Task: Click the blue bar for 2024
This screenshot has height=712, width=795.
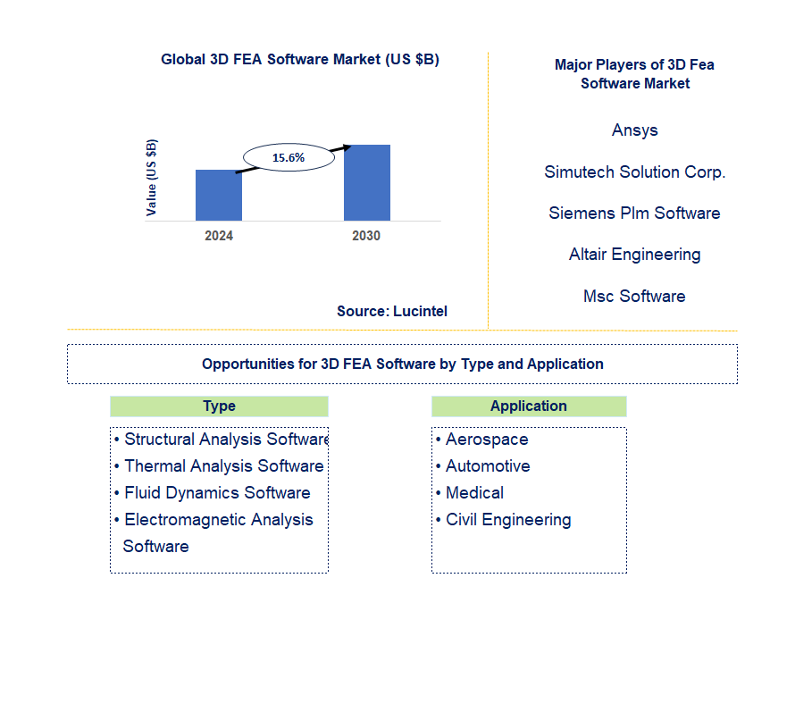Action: click(x=218, y=195)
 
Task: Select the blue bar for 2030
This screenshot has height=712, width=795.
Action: click(x=366, y=182)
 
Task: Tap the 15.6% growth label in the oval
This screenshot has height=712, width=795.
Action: click(x=288, y=158)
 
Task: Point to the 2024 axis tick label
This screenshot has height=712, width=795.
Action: click(x=219, y=236)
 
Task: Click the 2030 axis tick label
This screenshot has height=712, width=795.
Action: click(x=366, y=236)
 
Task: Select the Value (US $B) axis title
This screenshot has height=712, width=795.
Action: click(x=152, y=178)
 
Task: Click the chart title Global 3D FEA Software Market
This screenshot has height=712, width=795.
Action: click(x=300, y=60)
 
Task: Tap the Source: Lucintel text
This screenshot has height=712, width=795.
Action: click(x=392, y=311)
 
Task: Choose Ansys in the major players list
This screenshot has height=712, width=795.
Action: click(x=634, y=130)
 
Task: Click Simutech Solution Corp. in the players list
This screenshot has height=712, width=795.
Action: click(x=634, y=172)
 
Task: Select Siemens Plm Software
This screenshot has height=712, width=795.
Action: click(x=634, y=214)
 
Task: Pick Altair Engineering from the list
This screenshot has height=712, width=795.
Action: click(x=634, y=255)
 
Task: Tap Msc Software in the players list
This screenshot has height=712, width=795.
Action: click(x=634, y=297)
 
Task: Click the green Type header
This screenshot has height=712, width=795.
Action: click(x=219, y=406)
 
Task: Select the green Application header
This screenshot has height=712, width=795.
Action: click(x=529, y=406)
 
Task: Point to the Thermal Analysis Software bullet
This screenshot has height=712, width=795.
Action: click(x=223, y=466)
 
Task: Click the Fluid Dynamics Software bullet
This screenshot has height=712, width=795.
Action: click(x=217, y=493)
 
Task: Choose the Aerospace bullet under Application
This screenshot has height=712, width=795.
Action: click(x=487, y=440)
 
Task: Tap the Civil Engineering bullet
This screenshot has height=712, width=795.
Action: click(x=508, y=520)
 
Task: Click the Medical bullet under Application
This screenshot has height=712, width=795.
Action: click(x=474, y=493)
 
